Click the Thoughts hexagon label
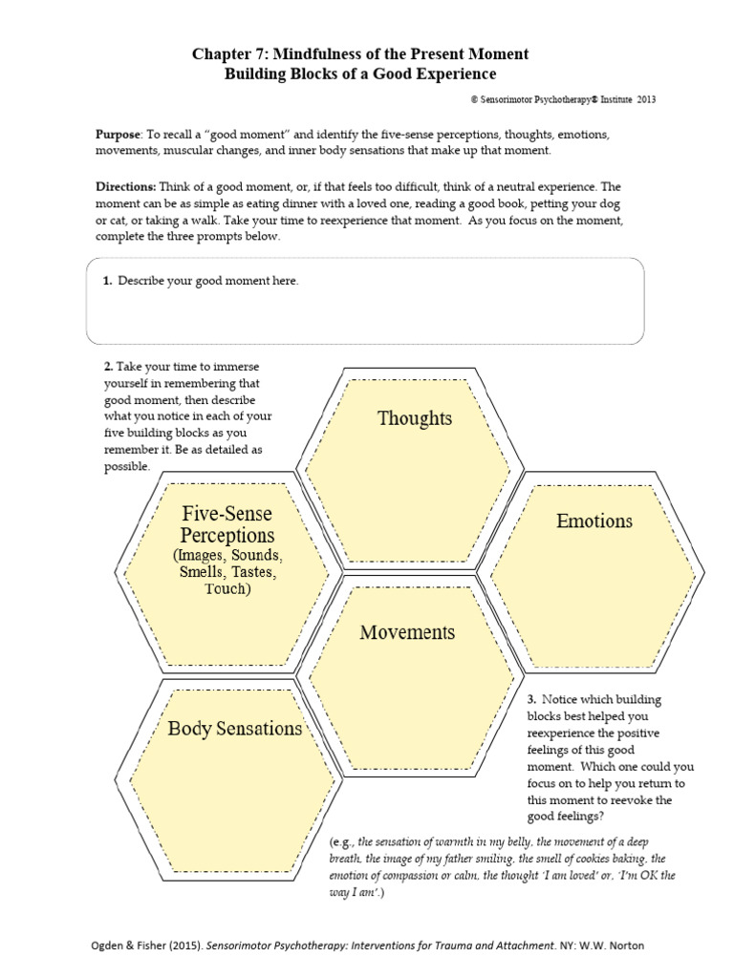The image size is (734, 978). (415, 418)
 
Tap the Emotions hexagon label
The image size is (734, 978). (594, 521)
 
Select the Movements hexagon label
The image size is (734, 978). (407, 632)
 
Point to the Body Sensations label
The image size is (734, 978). (234, 729)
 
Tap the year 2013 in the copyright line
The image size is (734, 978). (646, 99)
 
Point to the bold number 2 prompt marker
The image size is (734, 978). (109, 367)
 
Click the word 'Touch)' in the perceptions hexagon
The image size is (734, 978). (227, 589)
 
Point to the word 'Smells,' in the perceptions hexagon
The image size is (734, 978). (203, 572)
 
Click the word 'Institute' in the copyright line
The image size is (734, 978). (603, 99)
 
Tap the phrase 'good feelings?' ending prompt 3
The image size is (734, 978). (565, 817)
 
